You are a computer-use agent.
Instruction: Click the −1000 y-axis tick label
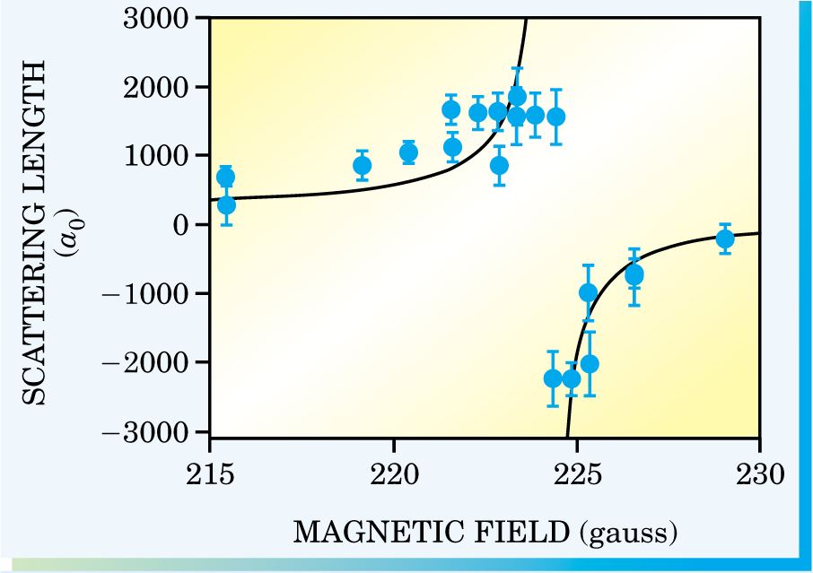click(158, 294)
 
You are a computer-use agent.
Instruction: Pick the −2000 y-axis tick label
click(158, 363)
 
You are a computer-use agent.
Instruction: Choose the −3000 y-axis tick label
click(158, 431)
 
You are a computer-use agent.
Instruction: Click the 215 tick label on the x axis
click(209, 473)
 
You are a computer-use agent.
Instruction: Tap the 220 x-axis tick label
click(393, 473)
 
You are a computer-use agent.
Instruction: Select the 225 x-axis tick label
click(577, 473)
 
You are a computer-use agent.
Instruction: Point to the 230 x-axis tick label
click(760, 473)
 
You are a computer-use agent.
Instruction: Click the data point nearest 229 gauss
click(725, 239)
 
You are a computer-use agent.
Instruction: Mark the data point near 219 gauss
click(363, 165)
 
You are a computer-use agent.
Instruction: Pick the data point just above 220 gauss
click(408, 152)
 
